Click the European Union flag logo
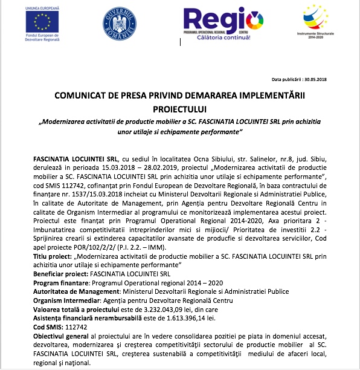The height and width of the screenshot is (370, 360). click(42, 23)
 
